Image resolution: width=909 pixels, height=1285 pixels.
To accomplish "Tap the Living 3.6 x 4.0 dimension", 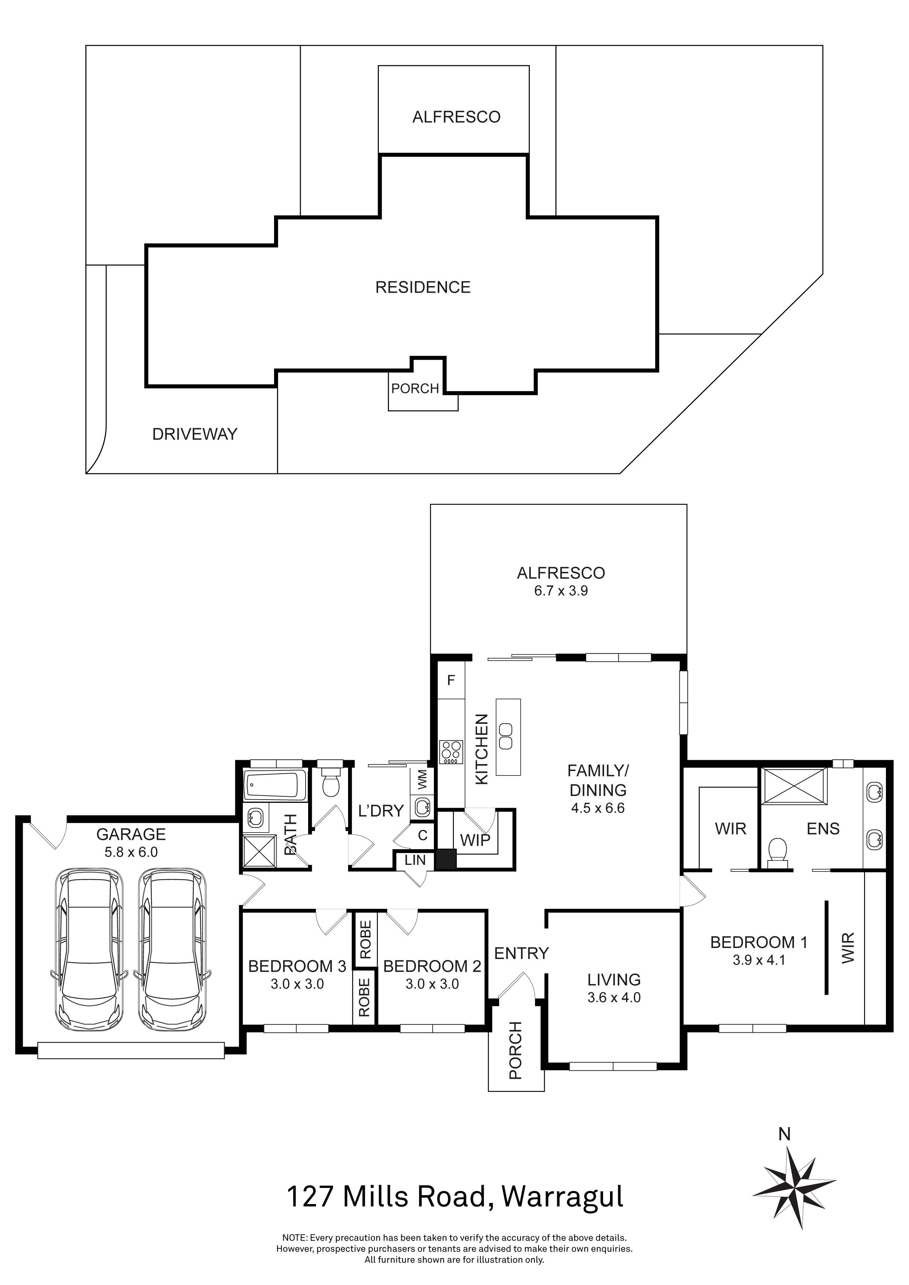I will [614, 997].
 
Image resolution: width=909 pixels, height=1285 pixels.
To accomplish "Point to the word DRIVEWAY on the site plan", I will [195, 434].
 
